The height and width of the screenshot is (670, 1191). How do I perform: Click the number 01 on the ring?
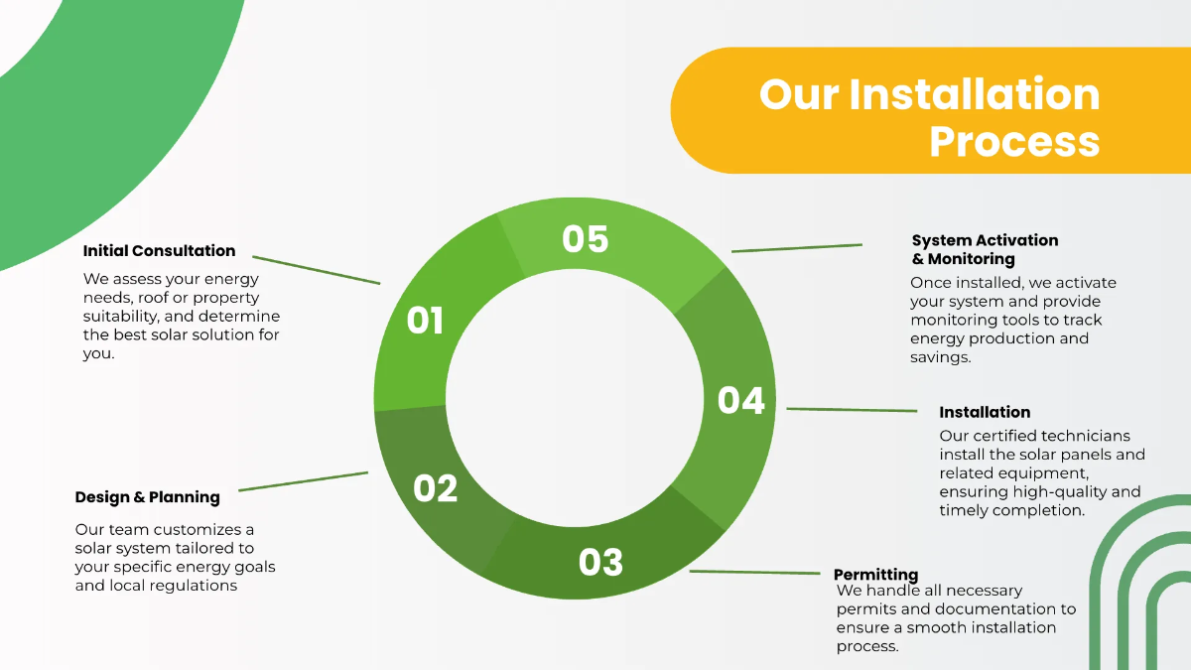pos(425,321)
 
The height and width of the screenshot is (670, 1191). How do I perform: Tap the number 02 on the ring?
pos(435,488)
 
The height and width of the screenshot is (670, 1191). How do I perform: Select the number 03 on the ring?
pos(600,563)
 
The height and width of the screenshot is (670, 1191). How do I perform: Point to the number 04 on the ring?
pos(741,400)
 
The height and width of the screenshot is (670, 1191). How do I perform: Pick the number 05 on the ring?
pos(585,239)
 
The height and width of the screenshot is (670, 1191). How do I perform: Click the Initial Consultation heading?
pos(159,251)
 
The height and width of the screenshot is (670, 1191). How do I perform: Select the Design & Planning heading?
pos(147,497)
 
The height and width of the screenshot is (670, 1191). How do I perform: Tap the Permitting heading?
pos(875,575)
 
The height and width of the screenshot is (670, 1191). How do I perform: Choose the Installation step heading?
pos(985,412)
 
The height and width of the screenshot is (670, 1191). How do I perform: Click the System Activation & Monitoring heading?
pos(985,249)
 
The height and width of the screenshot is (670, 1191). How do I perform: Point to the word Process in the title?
pos(1014,141)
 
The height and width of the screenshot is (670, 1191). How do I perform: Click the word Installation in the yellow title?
pos(974,95)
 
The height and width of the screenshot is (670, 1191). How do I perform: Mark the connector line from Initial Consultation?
pos(316,270)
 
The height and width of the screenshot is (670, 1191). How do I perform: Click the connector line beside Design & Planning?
pos(303,481)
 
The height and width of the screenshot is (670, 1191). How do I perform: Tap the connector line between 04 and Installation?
pos(852,409)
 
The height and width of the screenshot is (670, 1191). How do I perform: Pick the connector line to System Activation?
pos(797,248)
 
